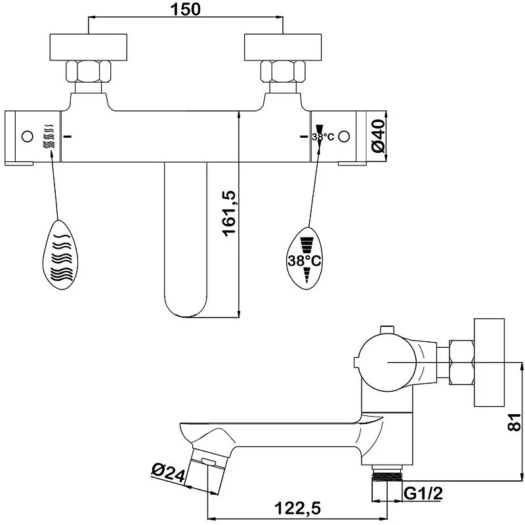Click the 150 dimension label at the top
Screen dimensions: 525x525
(186, 9)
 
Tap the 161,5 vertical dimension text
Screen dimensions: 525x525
(230, 214)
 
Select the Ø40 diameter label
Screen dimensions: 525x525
(379, 136)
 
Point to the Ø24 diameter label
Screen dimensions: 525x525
(169, 472)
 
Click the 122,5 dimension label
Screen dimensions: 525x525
(297, 508)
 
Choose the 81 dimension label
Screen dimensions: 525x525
(514, 422)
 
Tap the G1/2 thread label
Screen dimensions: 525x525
(423, 493)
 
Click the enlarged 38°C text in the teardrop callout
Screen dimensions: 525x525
(304, 260)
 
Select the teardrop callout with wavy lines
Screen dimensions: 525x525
(60, 255)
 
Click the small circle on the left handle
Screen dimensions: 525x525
(27, 136)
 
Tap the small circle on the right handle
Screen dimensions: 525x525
(344, 136)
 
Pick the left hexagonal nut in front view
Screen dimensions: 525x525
(89, 71)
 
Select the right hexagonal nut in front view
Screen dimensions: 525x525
(283, 71)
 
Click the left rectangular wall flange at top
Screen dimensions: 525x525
(89, 47)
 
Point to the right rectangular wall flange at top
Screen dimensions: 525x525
(283, 47)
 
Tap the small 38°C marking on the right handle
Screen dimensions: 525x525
(323, 137)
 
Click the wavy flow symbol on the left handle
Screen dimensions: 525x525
(49, 136)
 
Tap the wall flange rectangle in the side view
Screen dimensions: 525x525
(489, 362)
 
